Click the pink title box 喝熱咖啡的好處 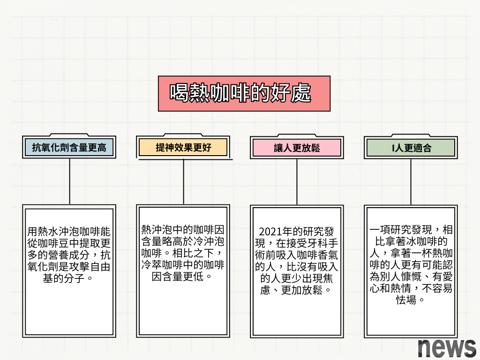[x=244, y=94]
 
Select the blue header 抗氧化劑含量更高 [x=69, y=148]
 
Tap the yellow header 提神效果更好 [x=183, y=148]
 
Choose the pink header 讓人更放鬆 [x=297, y=148]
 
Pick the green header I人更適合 [x=411, y=148]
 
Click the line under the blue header [x=70, y=181]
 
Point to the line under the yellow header [x=183, y=181]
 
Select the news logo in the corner [x=446, y=347]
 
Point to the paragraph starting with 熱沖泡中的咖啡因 [x=183, y=253]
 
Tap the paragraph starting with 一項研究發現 [x=411, y=265]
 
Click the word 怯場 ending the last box [x=411, y=300]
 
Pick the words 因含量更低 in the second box [x=183, y=277]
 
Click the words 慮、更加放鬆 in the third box [x=297, y=290]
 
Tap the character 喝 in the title [x=179, y=93]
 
